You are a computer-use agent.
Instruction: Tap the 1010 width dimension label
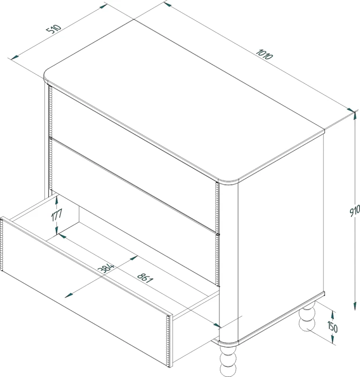265,54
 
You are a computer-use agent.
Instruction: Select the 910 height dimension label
354,211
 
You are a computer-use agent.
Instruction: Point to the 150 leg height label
332,327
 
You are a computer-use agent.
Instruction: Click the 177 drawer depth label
57,215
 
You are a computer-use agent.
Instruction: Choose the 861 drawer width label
145,278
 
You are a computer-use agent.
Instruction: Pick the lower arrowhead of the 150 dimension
332,340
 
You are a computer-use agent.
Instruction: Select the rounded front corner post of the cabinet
228,262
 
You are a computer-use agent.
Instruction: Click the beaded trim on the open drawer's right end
168,341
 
